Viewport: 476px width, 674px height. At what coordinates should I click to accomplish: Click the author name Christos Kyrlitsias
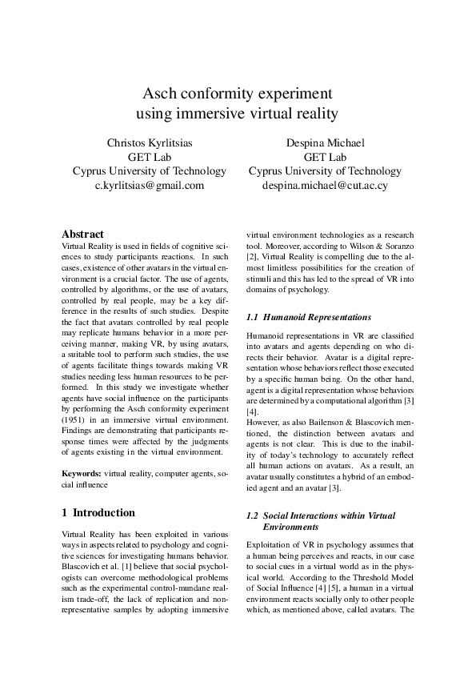click(150, 143)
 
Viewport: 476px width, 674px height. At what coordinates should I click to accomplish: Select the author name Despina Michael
click(325, 143)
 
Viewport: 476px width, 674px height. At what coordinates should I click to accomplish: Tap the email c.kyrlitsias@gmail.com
click(150, 184)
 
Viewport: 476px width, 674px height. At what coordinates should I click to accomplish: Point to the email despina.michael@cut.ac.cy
click(325, 184)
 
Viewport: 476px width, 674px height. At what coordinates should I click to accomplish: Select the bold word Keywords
click(81, 474)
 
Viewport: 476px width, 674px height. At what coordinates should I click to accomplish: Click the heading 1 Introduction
click(98, 512)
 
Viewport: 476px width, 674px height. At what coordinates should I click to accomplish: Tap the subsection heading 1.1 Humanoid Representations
click(308, 318)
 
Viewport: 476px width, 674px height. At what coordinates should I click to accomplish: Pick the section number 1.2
click(252, 516)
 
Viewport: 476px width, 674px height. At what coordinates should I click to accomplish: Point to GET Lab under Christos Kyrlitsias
click(150, 157)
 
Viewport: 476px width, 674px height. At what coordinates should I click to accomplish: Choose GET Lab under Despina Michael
click(325, 157)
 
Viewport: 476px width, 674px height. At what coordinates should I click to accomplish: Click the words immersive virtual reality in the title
click(260, 113)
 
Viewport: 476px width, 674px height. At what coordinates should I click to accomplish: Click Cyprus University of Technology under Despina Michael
click(325, 171)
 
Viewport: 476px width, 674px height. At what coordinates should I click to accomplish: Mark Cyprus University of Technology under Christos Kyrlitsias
click(150, 171)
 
